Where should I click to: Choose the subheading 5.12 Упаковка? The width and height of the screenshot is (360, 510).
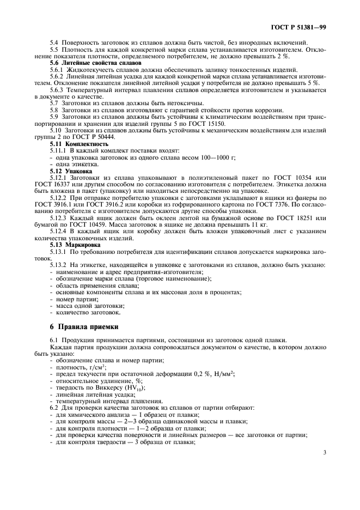tap(71, 170)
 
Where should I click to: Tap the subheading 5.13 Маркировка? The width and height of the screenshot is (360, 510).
tap(75, 244)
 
